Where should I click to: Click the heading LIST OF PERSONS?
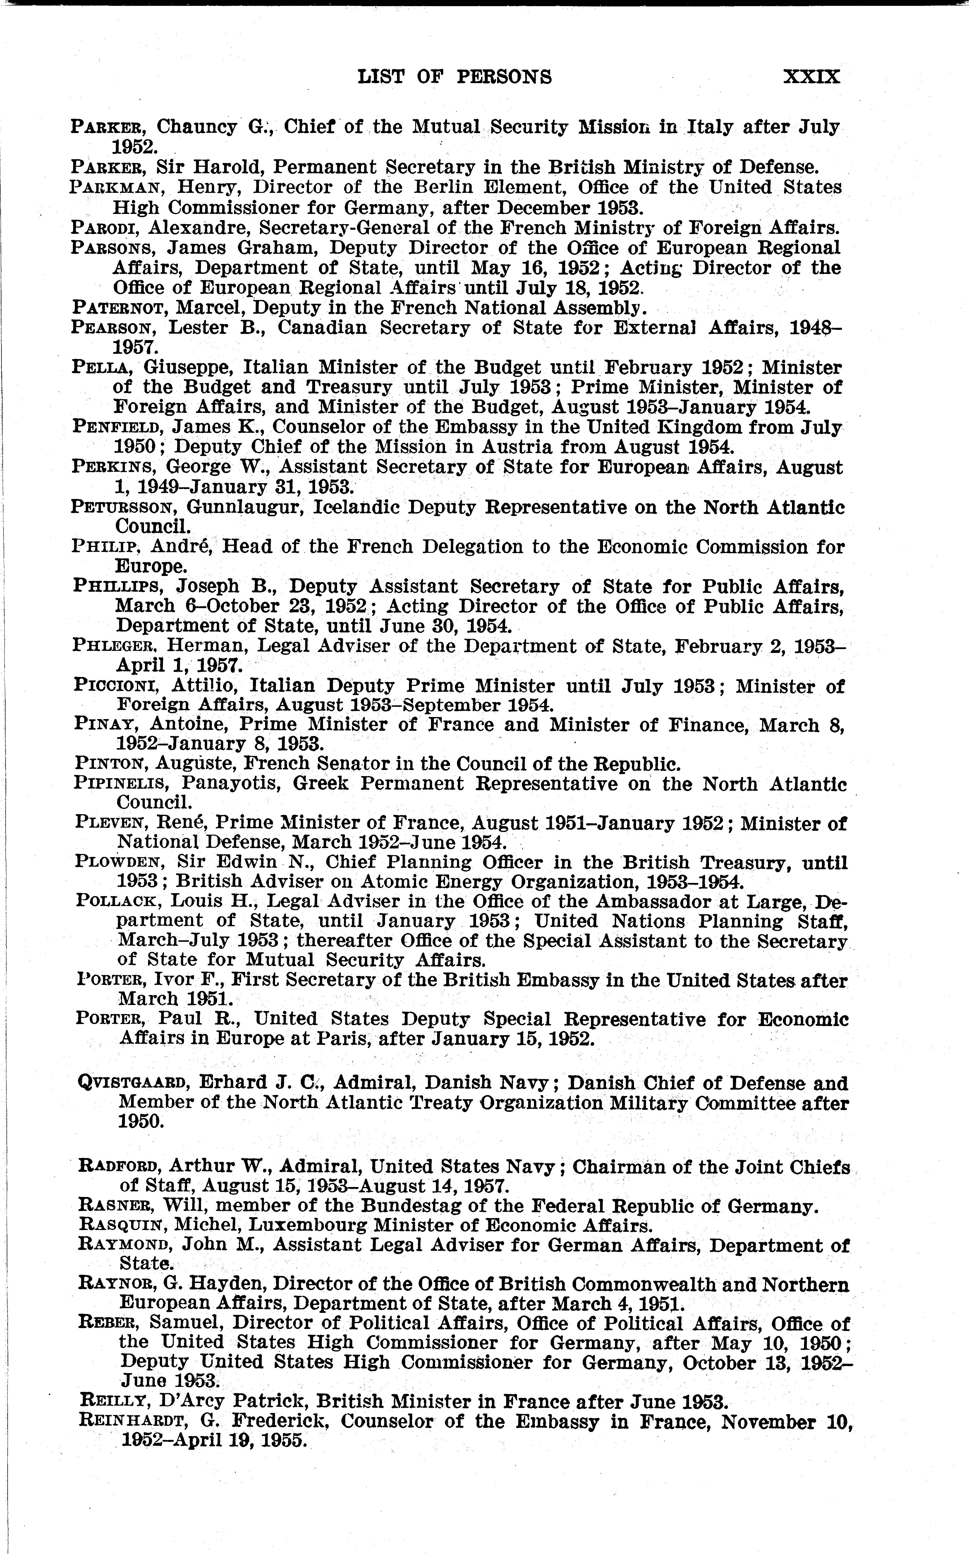click(454, 77)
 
